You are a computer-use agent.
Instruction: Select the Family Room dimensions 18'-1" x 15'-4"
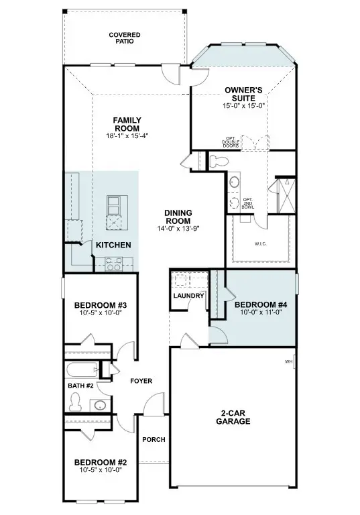click(x=127, y=135)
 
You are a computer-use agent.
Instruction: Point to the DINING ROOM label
click(x=178, y=217)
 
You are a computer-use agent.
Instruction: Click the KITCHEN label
click(x=113, y=245)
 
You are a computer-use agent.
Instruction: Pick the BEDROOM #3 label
click(x=101, y=306)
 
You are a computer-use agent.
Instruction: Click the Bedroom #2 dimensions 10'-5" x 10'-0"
click(x=101, y=470)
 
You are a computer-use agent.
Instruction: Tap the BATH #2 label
click(x=81, y=386)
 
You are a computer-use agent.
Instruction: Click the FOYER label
click(x=141, y=381)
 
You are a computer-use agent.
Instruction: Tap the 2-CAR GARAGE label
click(x=233, y=417)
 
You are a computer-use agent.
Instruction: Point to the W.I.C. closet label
click(x=260, y=244)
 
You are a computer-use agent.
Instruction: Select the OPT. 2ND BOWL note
click(x=249, y=203)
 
